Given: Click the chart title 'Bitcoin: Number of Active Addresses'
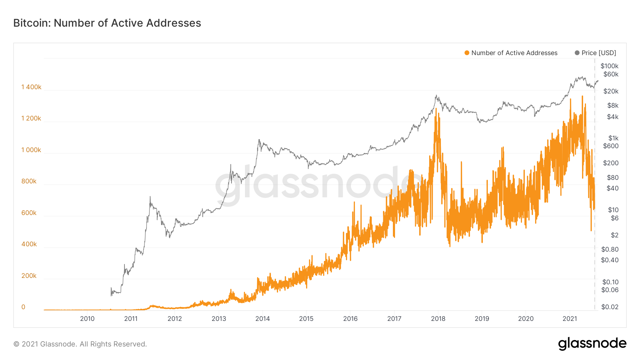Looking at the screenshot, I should coord(107,23).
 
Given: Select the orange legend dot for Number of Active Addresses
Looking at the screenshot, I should coord(467,53).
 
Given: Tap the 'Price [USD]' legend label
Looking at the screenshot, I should coord(599,53).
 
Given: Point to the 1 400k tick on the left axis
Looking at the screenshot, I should coord(31,87).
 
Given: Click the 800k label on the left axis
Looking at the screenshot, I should coord(29,181).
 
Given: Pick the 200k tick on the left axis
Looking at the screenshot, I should coord(29,276).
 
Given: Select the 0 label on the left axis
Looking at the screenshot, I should coord(23,307).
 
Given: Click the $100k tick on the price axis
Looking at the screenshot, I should coord(609,66).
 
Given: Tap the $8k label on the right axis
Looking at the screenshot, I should coord(613,106).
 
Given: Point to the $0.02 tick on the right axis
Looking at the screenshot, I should coord(610,307).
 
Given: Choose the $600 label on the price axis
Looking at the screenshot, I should coord(611,146).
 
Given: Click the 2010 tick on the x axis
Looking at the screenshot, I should coord(87,319).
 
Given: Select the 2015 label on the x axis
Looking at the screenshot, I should coord(306,319).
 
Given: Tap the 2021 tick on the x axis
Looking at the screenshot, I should coord(570,319).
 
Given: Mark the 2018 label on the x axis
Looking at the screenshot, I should coord(438,319).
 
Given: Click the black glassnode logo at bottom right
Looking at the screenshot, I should coord(592,344).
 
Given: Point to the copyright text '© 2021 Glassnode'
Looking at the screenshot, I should coord(80,344).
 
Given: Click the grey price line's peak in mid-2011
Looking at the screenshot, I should coord(150,197).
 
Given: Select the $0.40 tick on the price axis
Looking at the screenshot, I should coord(610,260).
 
